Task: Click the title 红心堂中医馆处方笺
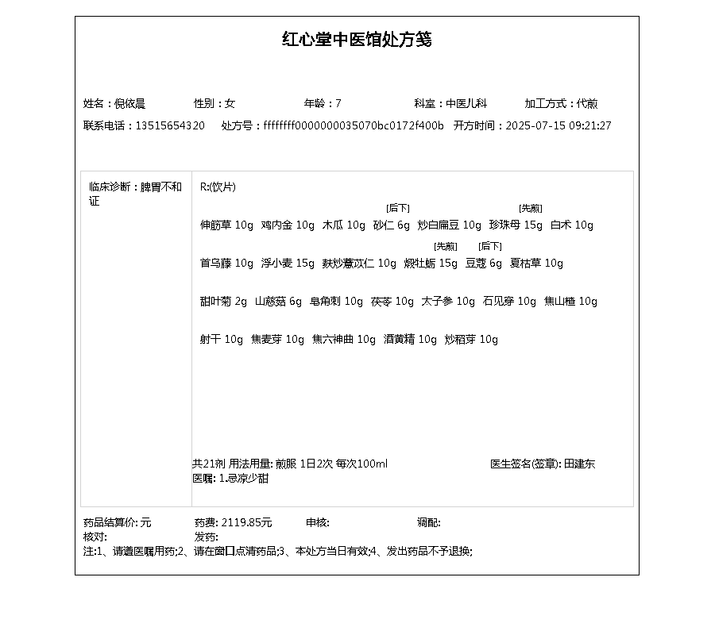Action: click(357, 40)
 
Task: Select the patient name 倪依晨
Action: click(129, 104)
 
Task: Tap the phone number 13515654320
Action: click(170, 126)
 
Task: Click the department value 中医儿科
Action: click(466, 104)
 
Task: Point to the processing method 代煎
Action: click(587, 104)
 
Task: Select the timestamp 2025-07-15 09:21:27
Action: click(558, 126)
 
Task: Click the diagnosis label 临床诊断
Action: click(110, 187)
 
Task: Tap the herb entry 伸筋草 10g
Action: click(226, 225)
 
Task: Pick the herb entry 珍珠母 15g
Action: click(516, 225)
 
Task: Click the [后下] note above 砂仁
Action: click(397, 208)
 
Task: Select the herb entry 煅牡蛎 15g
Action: click(431, 264)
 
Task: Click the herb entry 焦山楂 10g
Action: click(570, 302)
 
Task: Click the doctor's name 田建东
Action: click(579, 464)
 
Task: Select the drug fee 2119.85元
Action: click(246, 523)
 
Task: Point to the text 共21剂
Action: click(209, 464)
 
